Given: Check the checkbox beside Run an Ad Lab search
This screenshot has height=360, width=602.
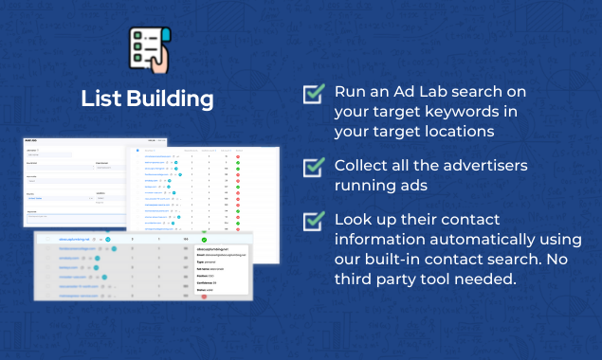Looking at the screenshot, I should pos(313,94).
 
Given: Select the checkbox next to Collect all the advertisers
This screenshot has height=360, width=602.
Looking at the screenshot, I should pos(313,167).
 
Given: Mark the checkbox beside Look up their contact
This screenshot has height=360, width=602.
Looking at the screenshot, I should pos(313,222).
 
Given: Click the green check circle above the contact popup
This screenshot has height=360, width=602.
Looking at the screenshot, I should pos(204,239).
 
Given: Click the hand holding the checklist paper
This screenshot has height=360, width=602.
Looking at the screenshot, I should pos(155,63).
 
